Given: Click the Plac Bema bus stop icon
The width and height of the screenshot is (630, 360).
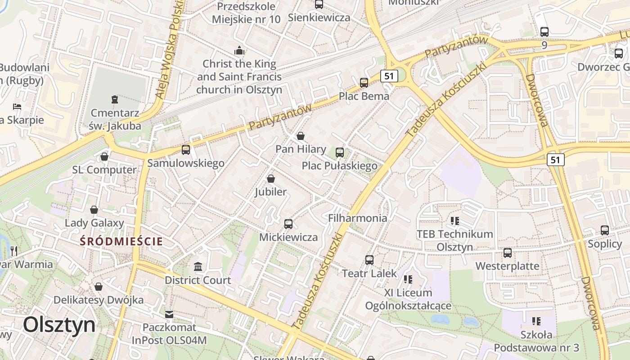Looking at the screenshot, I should coord(364,83).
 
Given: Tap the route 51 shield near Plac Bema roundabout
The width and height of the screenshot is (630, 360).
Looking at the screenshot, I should coord(389,76).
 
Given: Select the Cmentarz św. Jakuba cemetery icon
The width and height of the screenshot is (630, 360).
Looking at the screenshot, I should coord(114,99).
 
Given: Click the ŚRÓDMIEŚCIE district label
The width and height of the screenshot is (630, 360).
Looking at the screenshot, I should coord(121,242).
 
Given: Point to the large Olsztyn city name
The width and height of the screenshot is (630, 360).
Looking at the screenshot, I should coord(59,324).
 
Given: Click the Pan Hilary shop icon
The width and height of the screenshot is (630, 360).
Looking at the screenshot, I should coord(301,135).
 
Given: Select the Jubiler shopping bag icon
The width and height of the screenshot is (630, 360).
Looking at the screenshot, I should coord(271,179).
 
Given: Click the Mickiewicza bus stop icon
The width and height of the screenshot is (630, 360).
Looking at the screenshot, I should coord(288,224).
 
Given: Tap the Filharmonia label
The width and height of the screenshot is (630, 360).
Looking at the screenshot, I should coord(358,218).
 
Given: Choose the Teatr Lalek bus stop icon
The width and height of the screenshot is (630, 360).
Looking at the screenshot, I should coord(369,260).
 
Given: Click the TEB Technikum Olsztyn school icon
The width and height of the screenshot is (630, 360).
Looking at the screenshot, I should coord(454,220).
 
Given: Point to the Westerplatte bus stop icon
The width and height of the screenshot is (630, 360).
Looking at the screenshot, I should coord(508,252).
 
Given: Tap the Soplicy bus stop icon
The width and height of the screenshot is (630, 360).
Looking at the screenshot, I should coord(605,230).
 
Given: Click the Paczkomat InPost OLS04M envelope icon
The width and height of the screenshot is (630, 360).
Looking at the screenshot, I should coord(169,314).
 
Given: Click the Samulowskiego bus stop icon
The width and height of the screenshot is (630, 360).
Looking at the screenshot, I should coord(186,149).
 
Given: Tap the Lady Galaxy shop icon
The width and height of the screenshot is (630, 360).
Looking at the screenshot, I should coord(94,210).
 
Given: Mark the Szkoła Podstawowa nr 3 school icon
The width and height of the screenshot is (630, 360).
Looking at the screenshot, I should coord(536,321).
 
